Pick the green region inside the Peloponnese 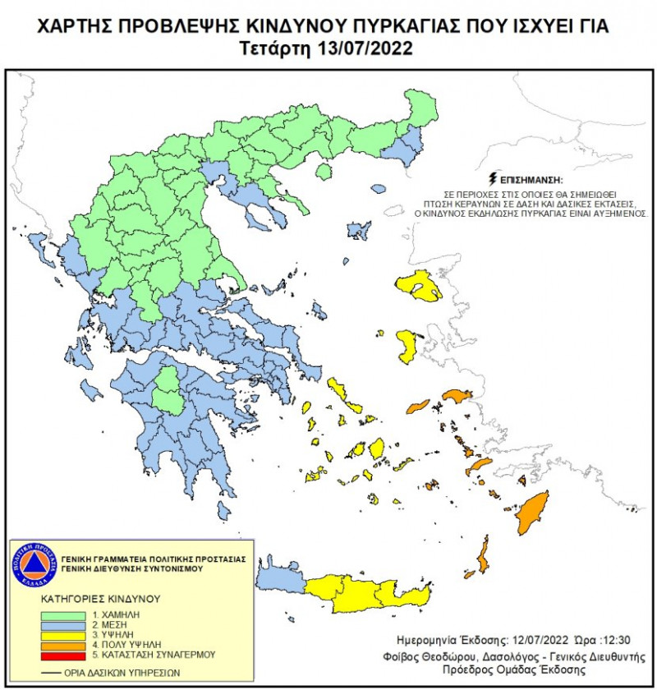coord(169,389)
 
